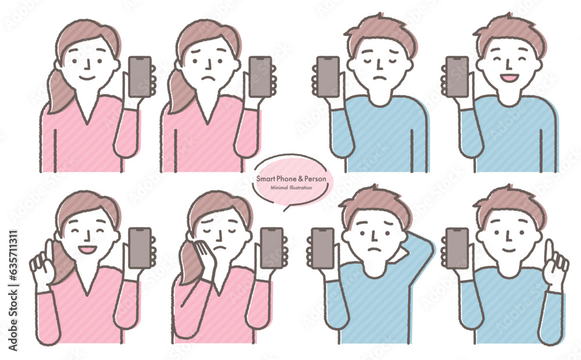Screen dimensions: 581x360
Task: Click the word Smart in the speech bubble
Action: click(266, 179)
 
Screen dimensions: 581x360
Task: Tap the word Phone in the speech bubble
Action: click(286, 179)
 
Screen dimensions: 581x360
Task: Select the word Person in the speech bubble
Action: click(315, 179)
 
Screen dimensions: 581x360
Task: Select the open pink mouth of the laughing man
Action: click(509, 78)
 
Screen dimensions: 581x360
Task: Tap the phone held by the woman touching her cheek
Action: click(271, 248)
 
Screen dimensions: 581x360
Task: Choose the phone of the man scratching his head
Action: click(322, 248)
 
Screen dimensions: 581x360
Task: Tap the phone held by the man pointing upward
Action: click(457, 248)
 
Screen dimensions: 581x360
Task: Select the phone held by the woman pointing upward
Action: click(139, 248)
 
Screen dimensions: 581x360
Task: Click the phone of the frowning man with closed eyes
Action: click(328, 77)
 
